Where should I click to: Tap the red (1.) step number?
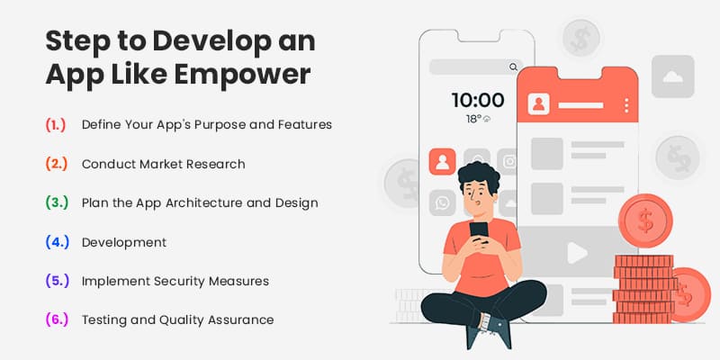(x=55, y=124)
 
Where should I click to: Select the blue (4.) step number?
(x=56, y=242)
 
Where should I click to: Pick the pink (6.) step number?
(x=56, y=319)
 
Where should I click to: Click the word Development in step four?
(x=123, y=242)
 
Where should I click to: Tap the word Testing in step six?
(x=104, y=319)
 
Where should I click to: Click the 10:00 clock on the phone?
(x=477, y=100)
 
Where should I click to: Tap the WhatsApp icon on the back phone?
(x=442, y=202)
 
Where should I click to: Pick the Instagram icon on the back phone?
(x=509, y=162)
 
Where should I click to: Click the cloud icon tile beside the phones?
(x=672, y=76)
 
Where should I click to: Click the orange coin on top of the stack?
(x=645, y=219)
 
